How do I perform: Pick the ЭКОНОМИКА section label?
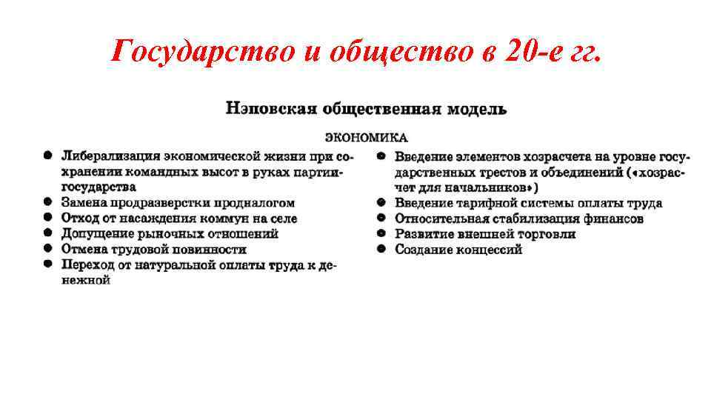click(x=367, y=137)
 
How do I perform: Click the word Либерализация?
click(x=110, y=156)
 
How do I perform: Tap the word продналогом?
click(x=255, y=202)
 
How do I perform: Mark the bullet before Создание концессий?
click(x=381, y=249)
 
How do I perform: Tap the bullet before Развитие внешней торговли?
click(x=381, y=234)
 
